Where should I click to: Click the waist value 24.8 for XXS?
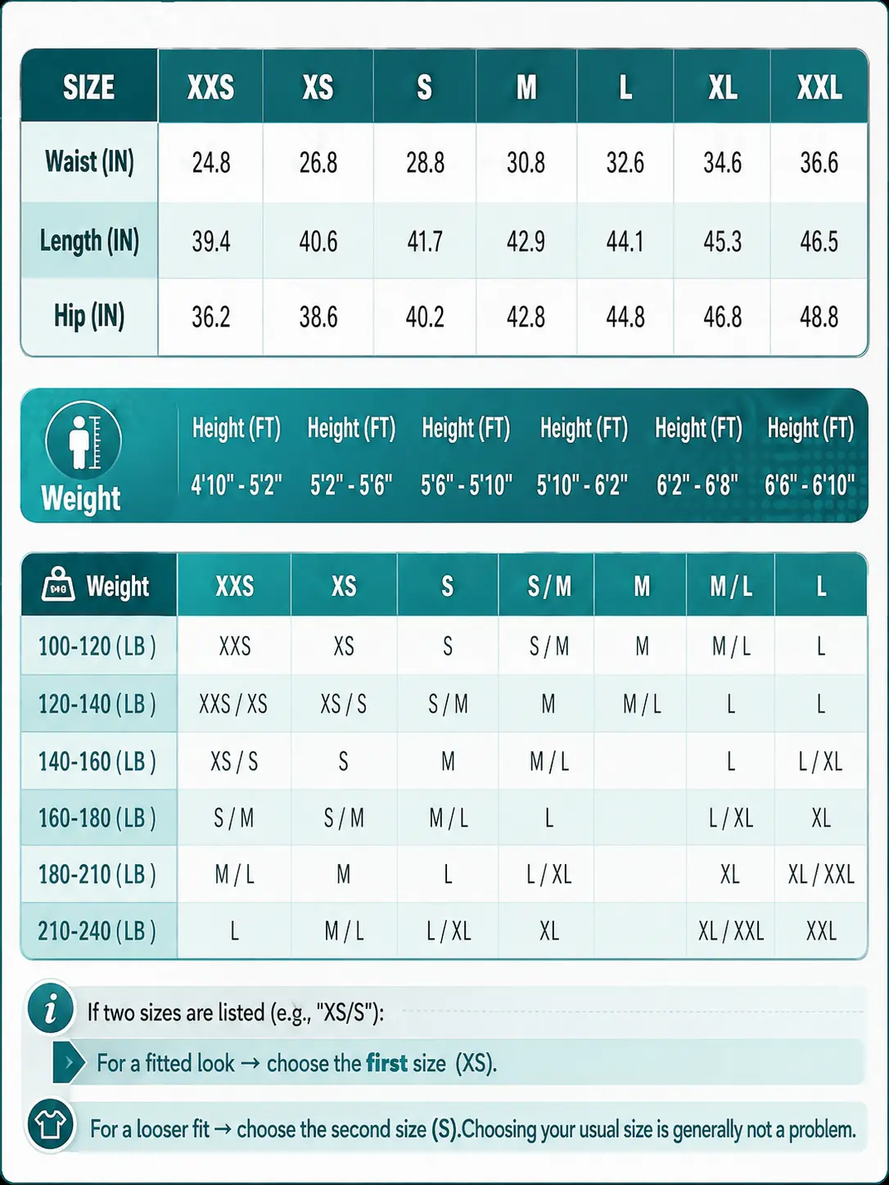click(x=211, y=163)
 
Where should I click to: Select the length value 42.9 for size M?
click(x=526, y=241)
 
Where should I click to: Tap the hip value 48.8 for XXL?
click(x=819, y=317)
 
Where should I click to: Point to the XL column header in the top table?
click(x=723, y=87)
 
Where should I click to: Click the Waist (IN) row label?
click(x=89, y=162)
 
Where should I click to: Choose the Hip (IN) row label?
click(x=89, y=317)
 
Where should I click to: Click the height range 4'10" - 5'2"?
click(x=237, y=484)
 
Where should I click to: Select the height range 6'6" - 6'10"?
click(x=810, y=484)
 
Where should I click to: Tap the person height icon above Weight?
click(x=83, y=440)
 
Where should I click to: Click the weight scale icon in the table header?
click(x=58, y=584)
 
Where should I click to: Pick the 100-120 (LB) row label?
click(x=97, y=647)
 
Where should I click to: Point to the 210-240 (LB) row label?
click(x=97, y=931)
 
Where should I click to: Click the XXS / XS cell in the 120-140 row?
click(x=233, y=705)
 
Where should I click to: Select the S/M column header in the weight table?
click(x=549, y=586)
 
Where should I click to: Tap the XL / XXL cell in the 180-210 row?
click(x=821, y=875)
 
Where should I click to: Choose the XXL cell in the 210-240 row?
click(x=821, y=931)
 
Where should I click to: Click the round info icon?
click(x=51, y=1009)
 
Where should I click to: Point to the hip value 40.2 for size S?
click(x=425, y=317)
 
